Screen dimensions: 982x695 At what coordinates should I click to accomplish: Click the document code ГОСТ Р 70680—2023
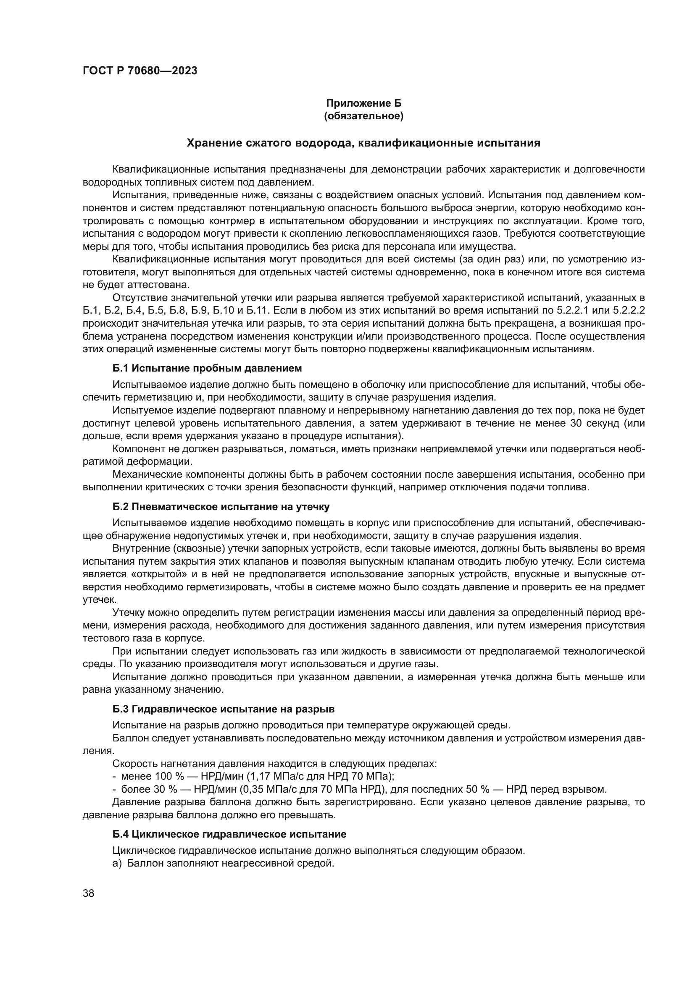point(140,71)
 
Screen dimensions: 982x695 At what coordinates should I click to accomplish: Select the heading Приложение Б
point(364,103)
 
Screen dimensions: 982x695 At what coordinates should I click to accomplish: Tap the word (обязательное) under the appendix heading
point(364,116)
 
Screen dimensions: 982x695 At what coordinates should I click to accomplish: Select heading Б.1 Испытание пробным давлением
point(207,368)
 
